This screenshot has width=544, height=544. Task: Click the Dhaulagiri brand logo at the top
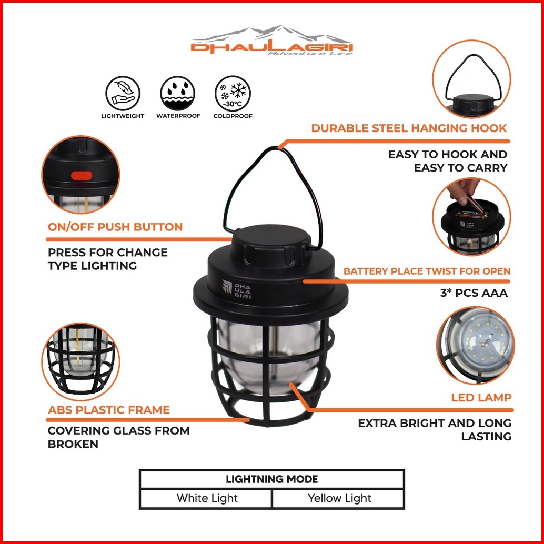coord(272,40)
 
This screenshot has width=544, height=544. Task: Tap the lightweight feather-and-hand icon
coord(123,93)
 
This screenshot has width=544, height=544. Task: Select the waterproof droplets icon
coord(178,93)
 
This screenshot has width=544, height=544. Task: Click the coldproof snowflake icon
coord(233,93)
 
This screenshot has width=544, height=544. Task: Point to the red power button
coord(82,176)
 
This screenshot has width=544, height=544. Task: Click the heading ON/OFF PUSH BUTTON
coord(115,227)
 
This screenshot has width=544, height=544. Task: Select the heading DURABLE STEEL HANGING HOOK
coord(409,128)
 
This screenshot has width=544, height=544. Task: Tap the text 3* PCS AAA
coord(474,293)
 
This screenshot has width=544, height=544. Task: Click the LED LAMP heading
coord(481,398)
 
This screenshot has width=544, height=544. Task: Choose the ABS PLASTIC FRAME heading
coord(108,410)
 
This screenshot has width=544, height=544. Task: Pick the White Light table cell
coord(207,498)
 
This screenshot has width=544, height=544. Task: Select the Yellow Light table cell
coord(339,498)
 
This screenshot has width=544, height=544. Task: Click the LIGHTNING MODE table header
coord(272,479)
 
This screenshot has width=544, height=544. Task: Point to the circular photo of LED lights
coord(475,345)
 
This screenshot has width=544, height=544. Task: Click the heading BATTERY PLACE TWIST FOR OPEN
coord(427,271)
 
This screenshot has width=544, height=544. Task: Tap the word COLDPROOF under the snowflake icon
coord(233,116)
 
